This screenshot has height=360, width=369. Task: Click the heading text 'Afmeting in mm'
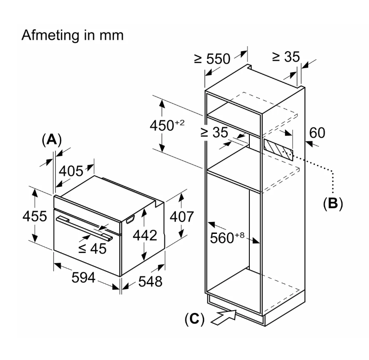(73, 36)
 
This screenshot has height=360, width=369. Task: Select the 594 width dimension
(83, 277)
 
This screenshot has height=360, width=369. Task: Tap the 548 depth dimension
(150, 281)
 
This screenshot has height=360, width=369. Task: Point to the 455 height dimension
(35, 216)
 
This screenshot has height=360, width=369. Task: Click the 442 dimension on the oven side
(145, 235)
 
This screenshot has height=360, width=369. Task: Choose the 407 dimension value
(182, 217)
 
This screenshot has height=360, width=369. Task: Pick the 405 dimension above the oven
(71, 171)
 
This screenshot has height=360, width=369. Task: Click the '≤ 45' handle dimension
(92, 249)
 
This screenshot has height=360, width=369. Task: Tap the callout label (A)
(52, 140)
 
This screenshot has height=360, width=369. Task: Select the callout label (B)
(333, 203)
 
